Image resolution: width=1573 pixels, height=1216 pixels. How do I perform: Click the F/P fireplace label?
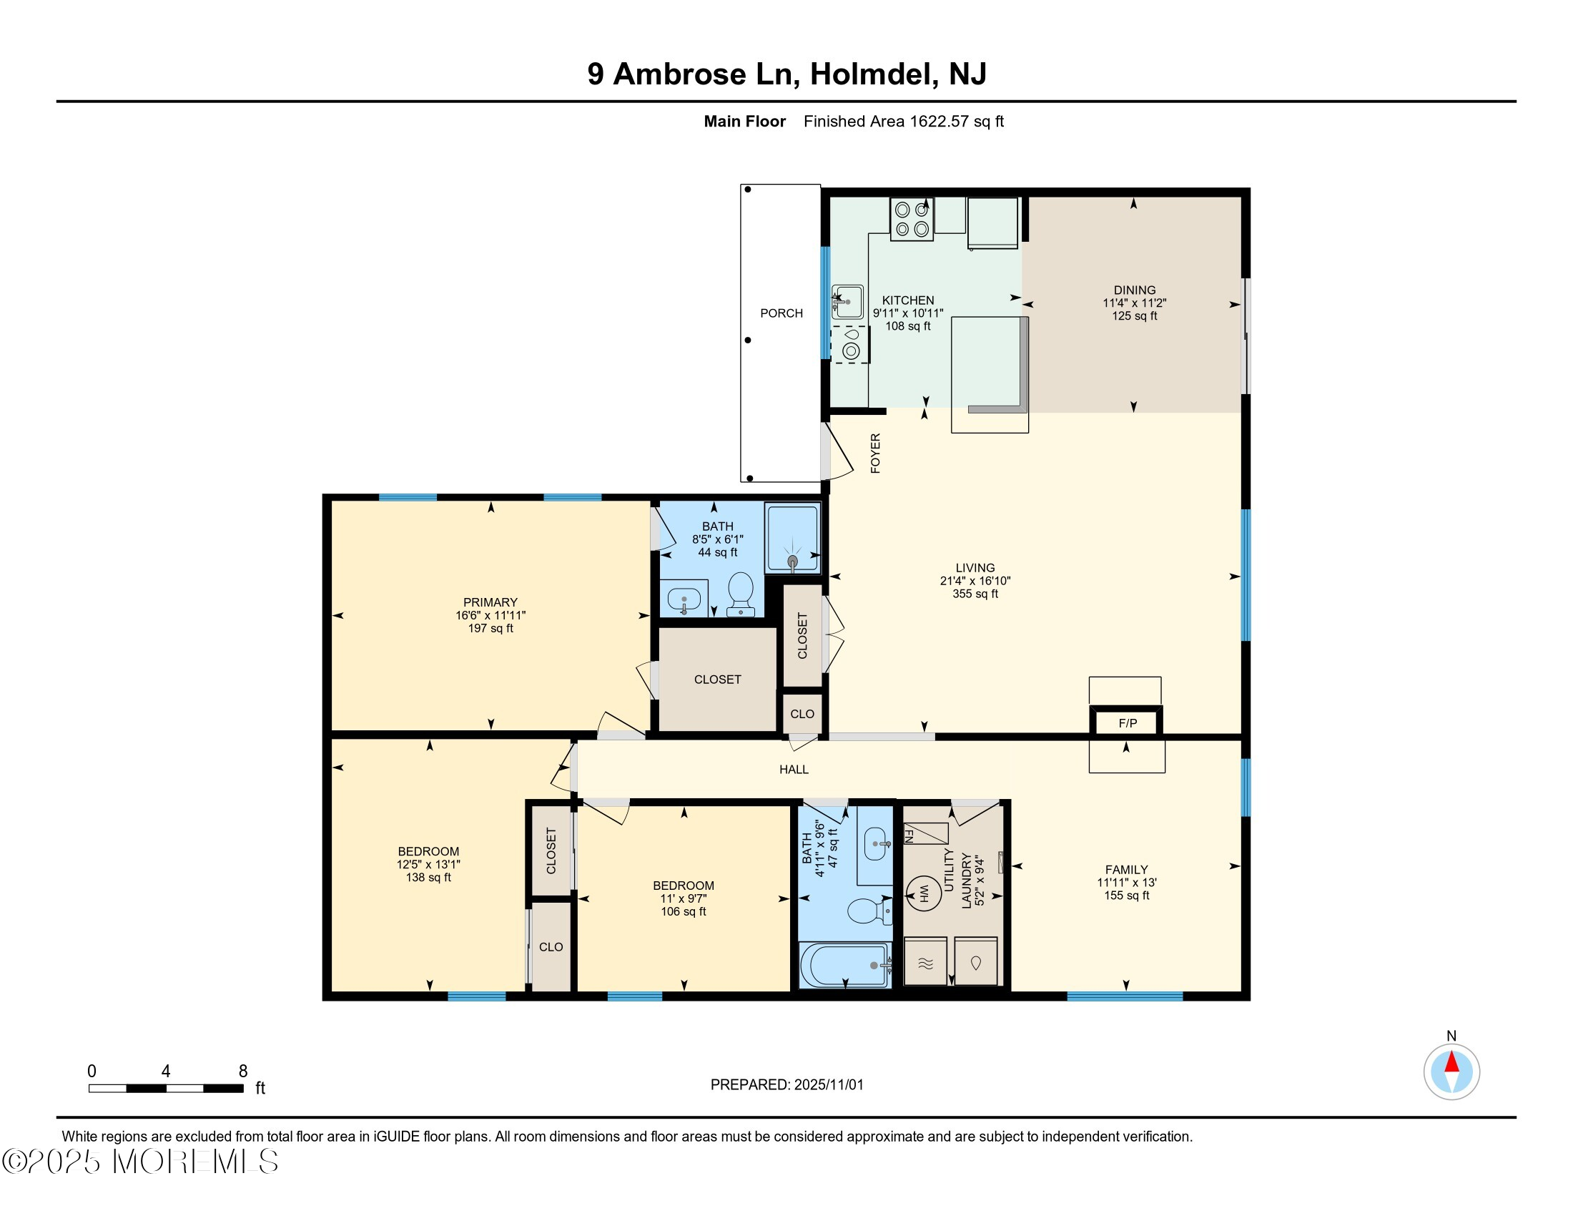pos(1127,723)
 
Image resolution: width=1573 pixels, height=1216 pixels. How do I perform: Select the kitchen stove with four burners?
pos(911,219)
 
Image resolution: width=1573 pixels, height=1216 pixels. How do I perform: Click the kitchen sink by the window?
pos(848,302)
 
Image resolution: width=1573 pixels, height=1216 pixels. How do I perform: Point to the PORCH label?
pos(781,313)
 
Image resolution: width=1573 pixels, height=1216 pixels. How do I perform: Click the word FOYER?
pos(875,453)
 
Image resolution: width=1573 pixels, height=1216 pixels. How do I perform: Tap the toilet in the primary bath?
pos(741,594)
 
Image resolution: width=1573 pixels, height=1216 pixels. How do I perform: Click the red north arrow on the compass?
pos(1451,1061)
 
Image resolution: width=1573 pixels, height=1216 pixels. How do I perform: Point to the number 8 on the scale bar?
pos(242,1072)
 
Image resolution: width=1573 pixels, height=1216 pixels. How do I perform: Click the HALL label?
pos(794,770)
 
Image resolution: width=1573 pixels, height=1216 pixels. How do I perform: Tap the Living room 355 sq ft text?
pos(975,594)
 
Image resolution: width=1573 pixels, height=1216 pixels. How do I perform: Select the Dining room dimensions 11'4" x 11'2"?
pos(1134,303)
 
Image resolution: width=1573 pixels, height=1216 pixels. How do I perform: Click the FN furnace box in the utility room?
pos(924,833)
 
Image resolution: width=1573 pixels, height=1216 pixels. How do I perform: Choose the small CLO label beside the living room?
pos(802,714)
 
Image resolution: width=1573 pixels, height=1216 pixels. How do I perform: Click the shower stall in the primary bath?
pos(792,537)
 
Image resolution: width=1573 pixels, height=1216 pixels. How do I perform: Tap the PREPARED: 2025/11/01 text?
pos(786,1084)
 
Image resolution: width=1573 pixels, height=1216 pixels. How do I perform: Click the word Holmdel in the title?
pos(874,74)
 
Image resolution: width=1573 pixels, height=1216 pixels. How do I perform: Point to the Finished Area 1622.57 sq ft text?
pos(903,122)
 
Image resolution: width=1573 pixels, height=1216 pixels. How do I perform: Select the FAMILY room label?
pos(1126,870)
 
